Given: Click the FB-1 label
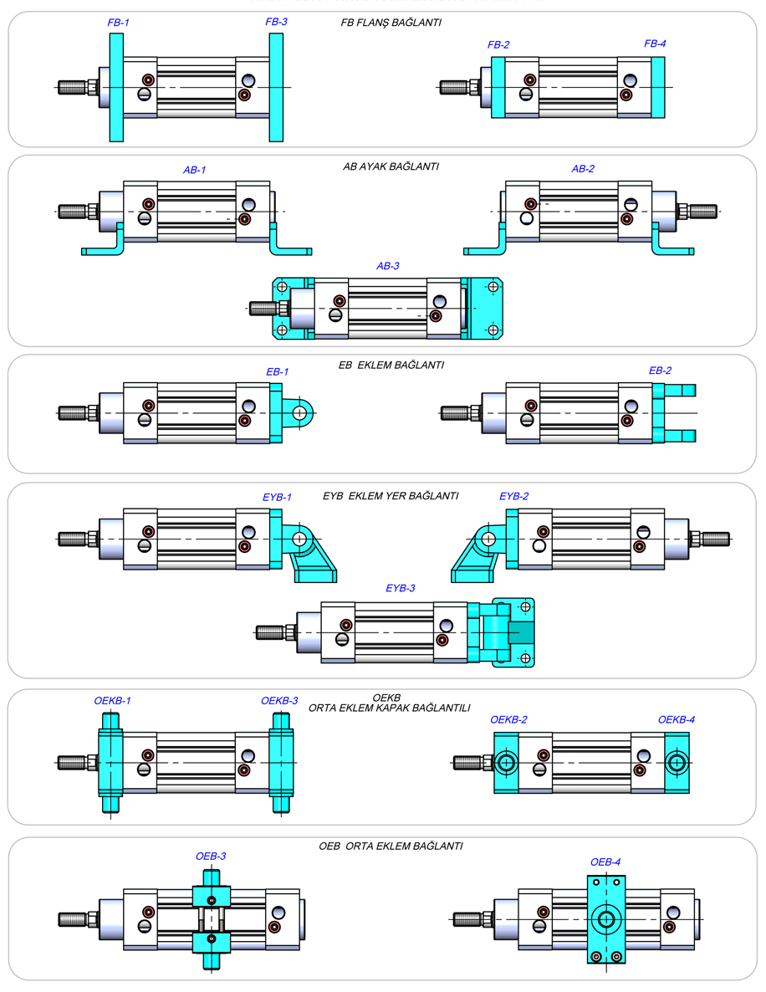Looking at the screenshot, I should pos(118,22).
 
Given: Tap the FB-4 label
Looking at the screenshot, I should pos(655,43).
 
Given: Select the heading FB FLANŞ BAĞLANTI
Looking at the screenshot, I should pos(391,23).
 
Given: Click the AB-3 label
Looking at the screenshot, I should pos(388,266).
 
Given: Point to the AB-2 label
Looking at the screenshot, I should pos(583,169).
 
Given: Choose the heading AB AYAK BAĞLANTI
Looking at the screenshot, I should pos(391,166).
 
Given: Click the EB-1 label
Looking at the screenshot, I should pos(277,371).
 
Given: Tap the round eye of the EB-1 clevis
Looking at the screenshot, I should pos(300,412).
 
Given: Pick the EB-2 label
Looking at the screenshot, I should pos(660,370).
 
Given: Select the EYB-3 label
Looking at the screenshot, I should pos(400,588).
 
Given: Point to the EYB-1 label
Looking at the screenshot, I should pos(277,497).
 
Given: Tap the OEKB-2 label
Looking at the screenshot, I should pos(508,719).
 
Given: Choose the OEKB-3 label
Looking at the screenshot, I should pos(279,701).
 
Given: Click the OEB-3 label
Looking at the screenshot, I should pos(211,856).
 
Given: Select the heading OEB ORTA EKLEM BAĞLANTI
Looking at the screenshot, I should pos(391,846).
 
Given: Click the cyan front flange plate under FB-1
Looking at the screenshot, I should pos(116,88).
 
